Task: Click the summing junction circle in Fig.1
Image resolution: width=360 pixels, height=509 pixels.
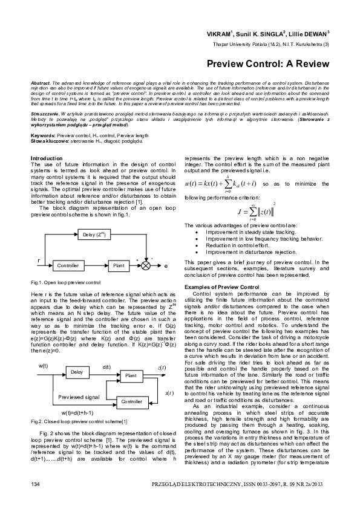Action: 146,265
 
